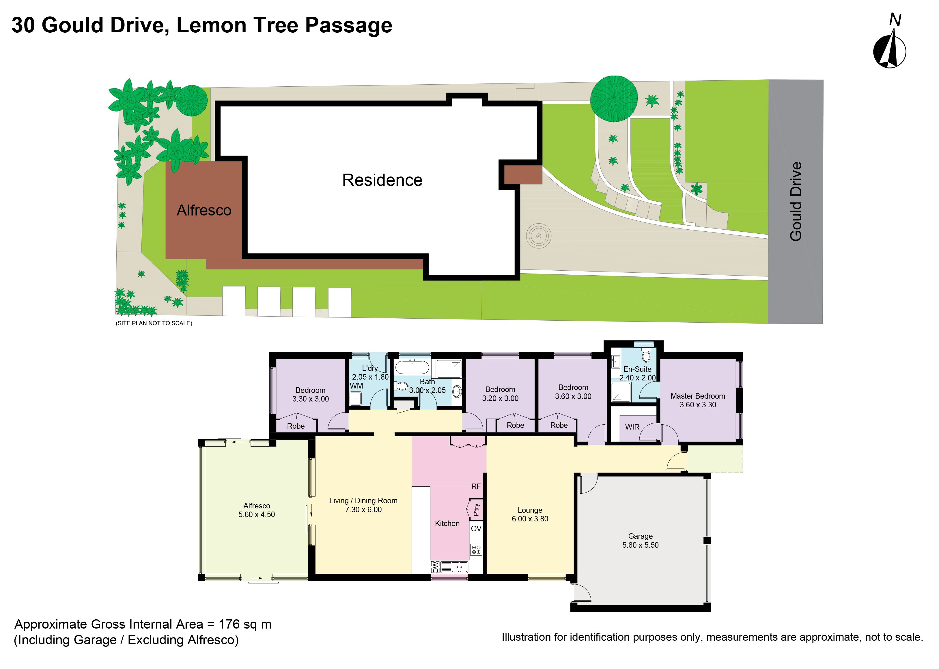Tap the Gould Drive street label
(x=796, y=201)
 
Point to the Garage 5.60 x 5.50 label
(x=640, y=540)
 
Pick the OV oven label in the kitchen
(x=476, y=529)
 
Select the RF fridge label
(x=476, y=486)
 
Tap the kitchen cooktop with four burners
(x=476, y=549)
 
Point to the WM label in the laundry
(x=356, y=386)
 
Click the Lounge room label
(x=530, y=514)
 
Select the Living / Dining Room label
(x=363, y=505)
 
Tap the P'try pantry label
(x=476, y=510)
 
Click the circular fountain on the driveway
(x=538, y=236)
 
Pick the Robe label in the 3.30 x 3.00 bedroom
(x=296, y=426)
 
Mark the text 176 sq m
(x=245, y=625)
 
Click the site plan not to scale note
(x=154, y=323)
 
